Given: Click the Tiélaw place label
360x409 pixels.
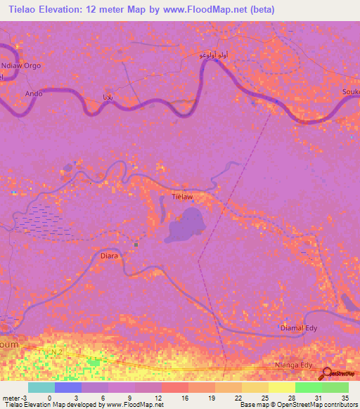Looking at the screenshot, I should click(x=182, y=197).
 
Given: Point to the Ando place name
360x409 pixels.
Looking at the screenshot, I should click(x=34, y=93).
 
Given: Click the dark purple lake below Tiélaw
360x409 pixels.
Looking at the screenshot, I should click(x=184, y=228).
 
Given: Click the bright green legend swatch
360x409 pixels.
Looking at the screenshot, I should click(x=308, y=387).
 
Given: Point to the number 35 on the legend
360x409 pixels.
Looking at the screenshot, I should click(x=344, y=397).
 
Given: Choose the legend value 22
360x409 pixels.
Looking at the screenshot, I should click(x=238, y=397).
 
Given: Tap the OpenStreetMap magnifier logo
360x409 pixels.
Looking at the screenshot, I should click(x=327, y=374).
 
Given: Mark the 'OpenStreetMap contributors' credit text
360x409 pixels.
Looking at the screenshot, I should click(x=323, y=405).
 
